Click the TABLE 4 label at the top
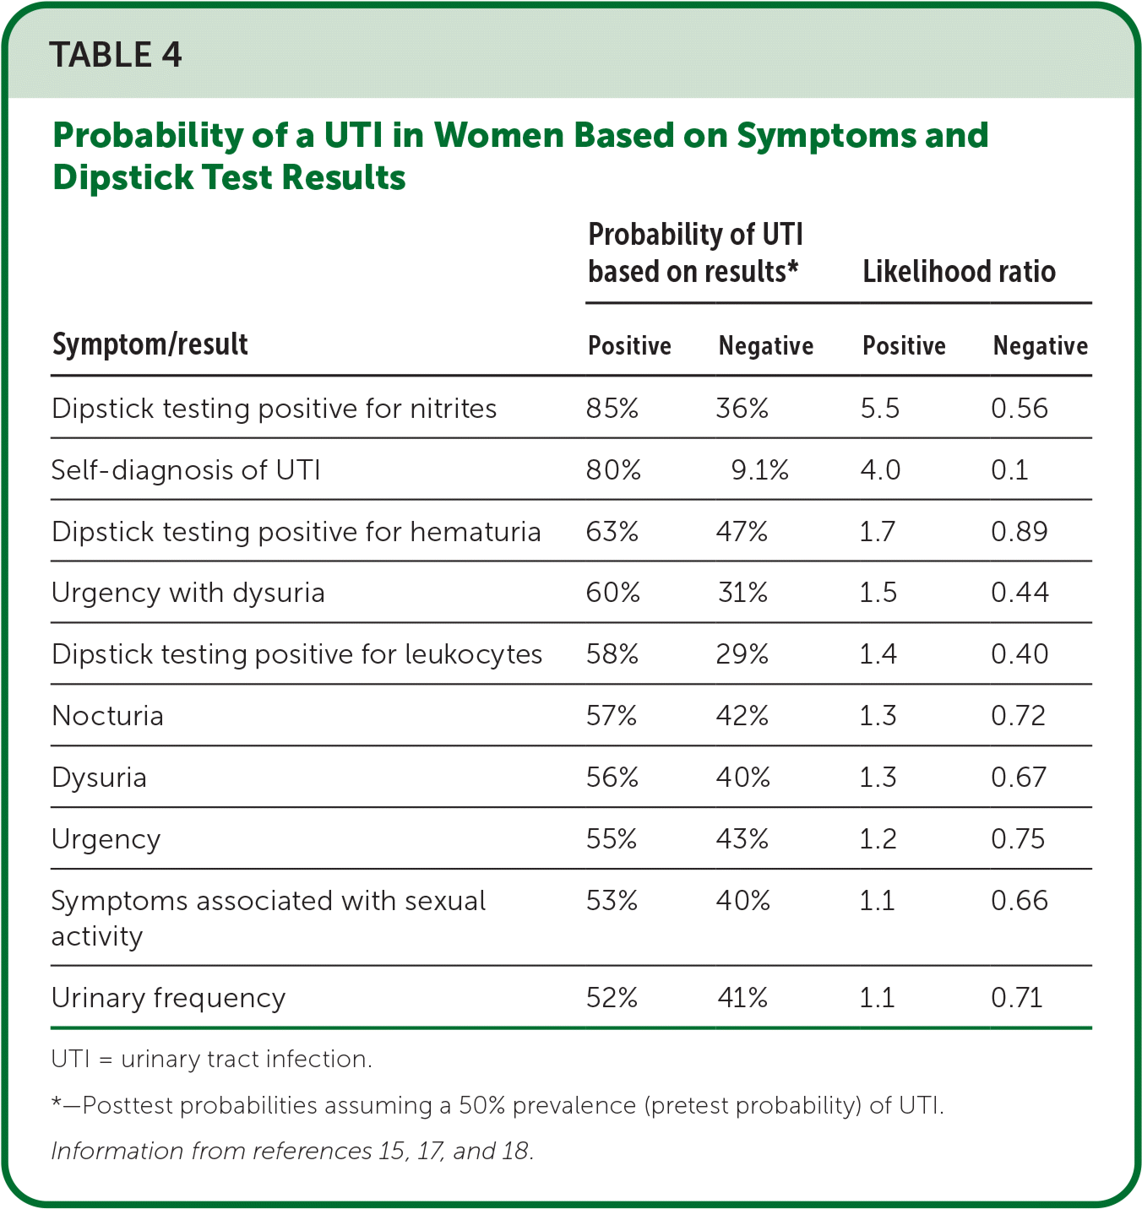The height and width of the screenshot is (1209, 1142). (116, 56)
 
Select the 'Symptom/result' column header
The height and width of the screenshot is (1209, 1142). (150, 344)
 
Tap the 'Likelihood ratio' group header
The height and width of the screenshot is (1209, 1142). (959, 272)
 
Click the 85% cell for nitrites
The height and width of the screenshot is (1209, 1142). (612, 409)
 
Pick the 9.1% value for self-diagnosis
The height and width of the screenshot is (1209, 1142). (759, 470)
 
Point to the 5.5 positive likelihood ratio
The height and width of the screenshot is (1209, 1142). (880, 409)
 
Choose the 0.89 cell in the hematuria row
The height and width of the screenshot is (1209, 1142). (1019, 532)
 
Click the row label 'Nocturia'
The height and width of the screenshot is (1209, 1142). (108, 716)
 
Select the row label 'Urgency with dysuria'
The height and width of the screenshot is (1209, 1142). (188, 593)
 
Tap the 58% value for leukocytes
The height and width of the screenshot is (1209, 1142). (612, 654)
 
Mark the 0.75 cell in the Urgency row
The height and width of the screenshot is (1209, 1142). (1018, 839)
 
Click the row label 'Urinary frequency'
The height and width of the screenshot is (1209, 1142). (169, 998)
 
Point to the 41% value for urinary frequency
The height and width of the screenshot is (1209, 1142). (742, 998)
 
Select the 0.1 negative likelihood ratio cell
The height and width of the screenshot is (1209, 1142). (1009, 470)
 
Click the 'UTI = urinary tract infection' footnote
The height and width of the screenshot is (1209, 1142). (211, 1059)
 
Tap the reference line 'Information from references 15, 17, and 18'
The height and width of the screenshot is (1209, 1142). (292, 1151)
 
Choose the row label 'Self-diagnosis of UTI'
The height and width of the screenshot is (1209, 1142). (186, 470)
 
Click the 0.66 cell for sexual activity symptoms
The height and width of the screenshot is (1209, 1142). (1019, 901)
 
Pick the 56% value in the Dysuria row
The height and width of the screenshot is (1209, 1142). (612, 778)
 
